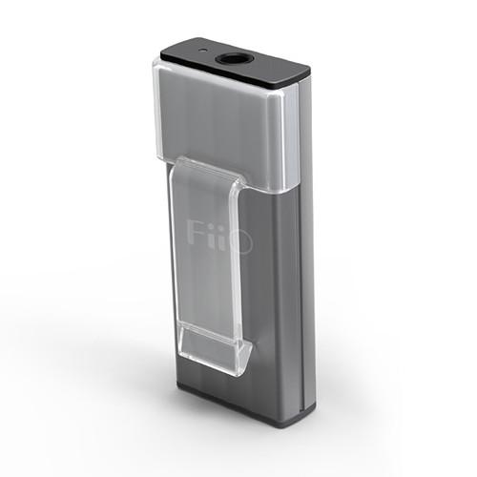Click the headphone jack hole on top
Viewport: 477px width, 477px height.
pyautogui.click(x=235, y=60)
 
